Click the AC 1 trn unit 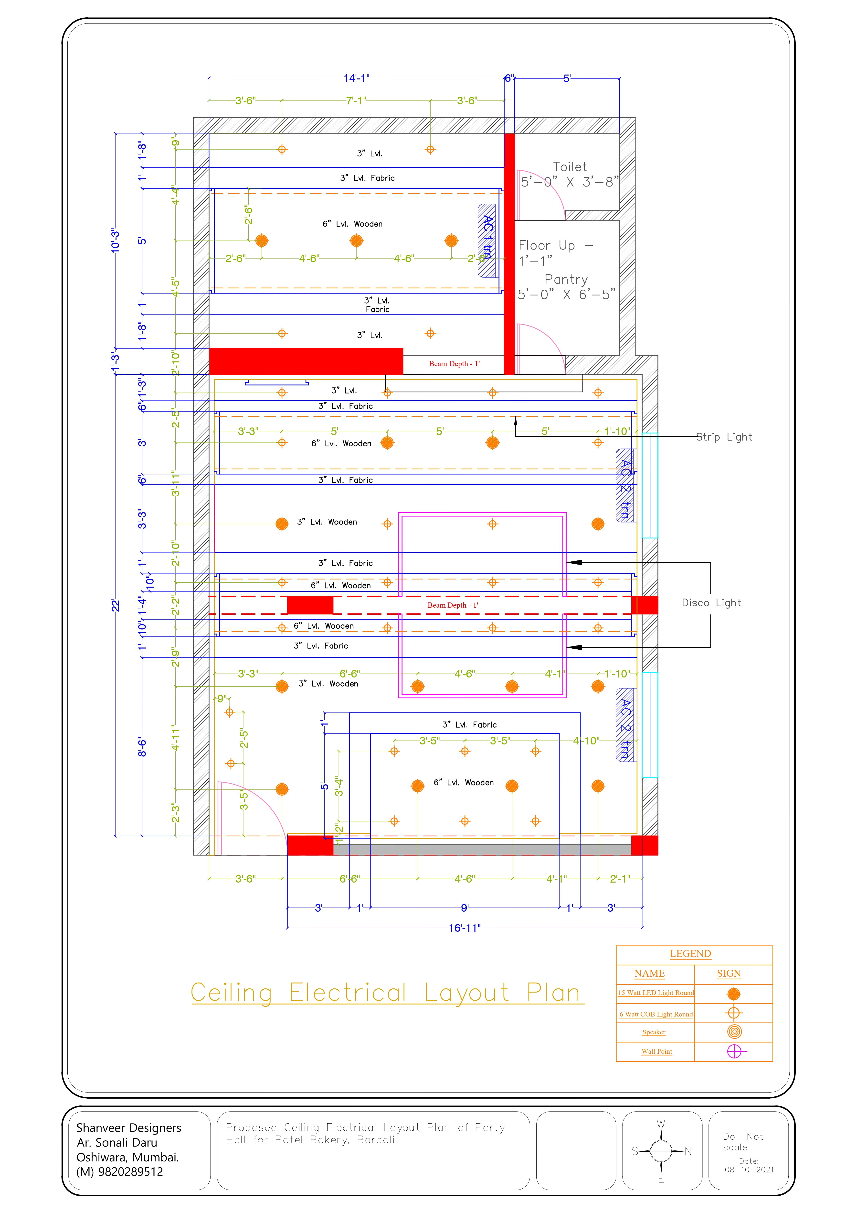487,240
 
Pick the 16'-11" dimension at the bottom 464,928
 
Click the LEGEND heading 690,954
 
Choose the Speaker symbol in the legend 734,1031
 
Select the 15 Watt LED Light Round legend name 656,993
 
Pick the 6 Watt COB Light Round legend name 656,1014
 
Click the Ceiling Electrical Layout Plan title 387,993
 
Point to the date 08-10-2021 749,1170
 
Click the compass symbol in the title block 661,1151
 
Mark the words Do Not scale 742,1142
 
